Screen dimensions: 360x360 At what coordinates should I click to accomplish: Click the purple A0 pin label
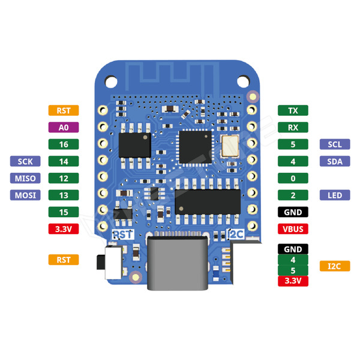click(63, 127)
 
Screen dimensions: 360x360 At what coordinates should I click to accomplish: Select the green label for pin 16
click(63, 144)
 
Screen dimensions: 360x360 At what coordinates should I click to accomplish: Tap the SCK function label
click(25, 161)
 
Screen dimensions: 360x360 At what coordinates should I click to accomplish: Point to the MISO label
click(25, 178)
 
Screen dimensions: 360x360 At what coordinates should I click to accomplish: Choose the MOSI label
click(25, 195)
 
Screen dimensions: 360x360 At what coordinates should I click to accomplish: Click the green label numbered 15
click(63, 212)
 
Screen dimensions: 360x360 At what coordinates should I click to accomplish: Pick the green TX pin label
click(293, 110)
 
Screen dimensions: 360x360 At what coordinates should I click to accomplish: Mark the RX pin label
click(293, 127)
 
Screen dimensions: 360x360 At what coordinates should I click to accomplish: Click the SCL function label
click(335, 144)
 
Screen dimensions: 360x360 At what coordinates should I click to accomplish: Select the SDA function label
click(335, 161)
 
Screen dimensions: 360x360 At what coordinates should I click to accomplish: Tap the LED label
click(335, 195)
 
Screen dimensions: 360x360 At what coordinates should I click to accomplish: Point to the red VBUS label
click(293, 229)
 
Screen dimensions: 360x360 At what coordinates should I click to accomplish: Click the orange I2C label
click(335, 265)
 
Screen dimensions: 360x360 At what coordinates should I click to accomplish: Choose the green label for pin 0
click(293, 178)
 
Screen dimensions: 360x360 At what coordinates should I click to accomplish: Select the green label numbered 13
click(63, 195)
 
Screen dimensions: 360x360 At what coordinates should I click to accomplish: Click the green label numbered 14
click(63, 161)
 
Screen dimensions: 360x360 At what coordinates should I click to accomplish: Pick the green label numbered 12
click(63, 178)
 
